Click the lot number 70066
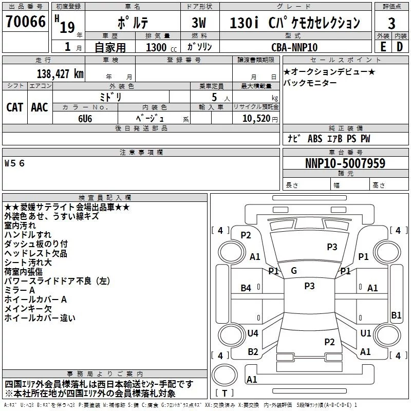25,22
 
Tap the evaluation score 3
391,23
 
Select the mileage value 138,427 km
60,73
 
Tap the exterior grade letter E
383,47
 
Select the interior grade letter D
400,47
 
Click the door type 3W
200,23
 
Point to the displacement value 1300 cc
157,47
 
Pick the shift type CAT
14,107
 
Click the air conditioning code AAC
40,107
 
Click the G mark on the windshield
294,271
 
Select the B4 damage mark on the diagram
246,288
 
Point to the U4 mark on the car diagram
253,333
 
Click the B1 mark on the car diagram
396,315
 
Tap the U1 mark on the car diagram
366,333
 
